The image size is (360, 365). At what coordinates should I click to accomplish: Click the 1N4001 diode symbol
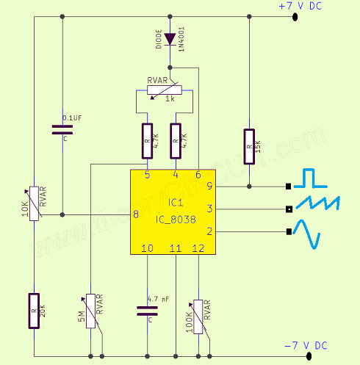click(x=170, y=39)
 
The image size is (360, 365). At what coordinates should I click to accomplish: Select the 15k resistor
click(x=249, y=147)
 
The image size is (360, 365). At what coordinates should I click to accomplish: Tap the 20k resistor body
click(x=34, y=311)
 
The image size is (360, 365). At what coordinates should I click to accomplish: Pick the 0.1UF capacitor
click(x=62, y=130)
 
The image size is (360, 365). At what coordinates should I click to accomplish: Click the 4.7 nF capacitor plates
click(x=147, y=311)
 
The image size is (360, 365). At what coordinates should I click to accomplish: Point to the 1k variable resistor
click(x=165, y=90)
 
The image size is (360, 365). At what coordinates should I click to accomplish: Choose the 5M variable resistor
click(x=90, y=311)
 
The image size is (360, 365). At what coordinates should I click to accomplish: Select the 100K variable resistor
click(x=198, y=317)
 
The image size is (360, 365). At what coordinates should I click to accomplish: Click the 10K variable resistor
click(x=34, y=203)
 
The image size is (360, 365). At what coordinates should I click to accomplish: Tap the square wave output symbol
click(x=311, y=178)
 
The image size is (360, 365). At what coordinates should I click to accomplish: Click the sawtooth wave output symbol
click(x=318, y=203)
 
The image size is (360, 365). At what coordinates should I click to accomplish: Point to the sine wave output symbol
click(x=307, y=234)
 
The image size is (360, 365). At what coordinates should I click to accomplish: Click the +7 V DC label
click(x=300, y=6)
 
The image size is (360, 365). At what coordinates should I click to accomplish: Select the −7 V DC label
click(x=306, y=345)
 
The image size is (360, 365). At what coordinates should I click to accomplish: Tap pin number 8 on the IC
click(x=136, y=214)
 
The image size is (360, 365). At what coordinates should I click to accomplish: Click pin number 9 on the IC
click(x=209, y=186)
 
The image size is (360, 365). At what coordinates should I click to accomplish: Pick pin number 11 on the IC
click(x=176, y=248)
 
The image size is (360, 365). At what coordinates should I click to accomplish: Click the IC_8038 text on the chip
click(x=176, y=220)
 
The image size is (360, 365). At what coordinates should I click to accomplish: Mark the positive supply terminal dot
click(x=295, y=17)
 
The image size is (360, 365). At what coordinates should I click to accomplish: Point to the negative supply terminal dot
click(x=309, y=356)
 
